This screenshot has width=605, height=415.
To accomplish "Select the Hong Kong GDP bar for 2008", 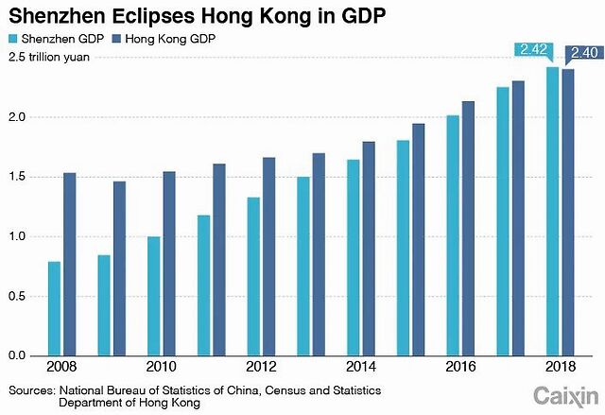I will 69,264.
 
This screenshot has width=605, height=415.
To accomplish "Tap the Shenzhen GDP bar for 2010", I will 153,296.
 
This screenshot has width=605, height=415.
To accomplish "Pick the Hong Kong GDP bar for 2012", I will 269,256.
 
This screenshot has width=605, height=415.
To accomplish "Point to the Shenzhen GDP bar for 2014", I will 353,257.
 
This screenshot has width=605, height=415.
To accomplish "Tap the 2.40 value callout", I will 581,53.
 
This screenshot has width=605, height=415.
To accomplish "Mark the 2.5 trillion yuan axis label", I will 46,57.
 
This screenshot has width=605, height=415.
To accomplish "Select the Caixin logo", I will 565,393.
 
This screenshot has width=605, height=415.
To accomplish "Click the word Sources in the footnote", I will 30,389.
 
